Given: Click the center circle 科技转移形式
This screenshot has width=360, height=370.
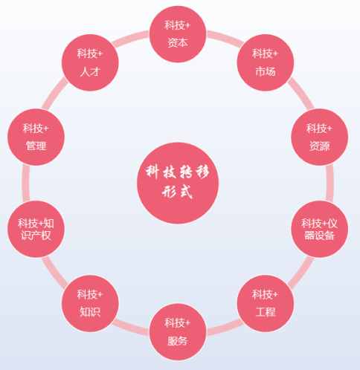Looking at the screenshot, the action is pos(178,183).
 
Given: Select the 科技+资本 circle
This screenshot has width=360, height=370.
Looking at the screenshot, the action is pos(178,34).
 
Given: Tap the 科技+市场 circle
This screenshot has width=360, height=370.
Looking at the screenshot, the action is pos(266,62).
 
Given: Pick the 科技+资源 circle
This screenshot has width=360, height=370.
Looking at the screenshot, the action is pos(319,137).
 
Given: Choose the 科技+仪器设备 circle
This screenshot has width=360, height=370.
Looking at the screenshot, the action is pos(319,229).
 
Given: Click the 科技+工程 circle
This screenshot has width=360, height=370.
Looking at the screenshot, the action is pos(266,303).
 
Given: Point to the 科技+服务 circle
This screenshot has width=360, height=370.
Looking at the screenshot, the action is pos(178,332).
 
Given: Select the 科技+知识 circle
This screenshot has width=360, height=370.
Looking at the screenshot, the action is pos(90,303).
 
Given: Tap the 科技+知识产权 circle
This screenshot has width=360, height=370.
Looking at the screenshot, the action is pos(36,229).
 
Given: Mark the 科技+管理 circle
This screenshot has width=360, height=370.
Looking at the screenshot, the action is pos(36,137).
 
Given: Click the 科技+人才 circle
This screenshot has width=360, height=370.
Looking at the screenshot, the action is pos(90,62).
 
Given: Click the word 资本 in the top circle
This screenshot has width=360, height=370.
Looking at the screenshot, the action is pos(178,42).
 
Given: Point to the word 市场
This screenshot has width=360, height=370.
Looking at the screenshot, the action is pos(266,71).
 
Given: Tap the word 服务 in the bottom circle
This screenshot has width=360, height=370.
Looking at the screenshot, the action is pos(178,341).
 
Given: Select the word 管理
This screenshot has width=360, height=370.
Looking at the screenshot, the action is pos(36,146).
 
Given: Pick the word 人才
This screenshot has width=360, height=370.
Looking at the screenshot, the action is pos(90,71).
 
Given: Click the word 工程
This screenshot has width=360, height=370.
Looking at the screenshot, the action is pos(266,312).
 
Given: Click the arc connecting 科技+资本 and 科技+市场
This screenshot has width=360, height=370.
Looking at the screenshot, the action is pos(225,38).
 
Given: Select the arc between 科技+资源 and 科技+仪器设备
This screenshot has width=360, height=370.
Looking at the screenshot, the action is pos(330,183).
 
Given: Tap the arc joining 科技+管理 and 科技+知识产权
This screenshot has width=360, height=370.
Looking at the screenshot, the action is pos(26,183).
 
